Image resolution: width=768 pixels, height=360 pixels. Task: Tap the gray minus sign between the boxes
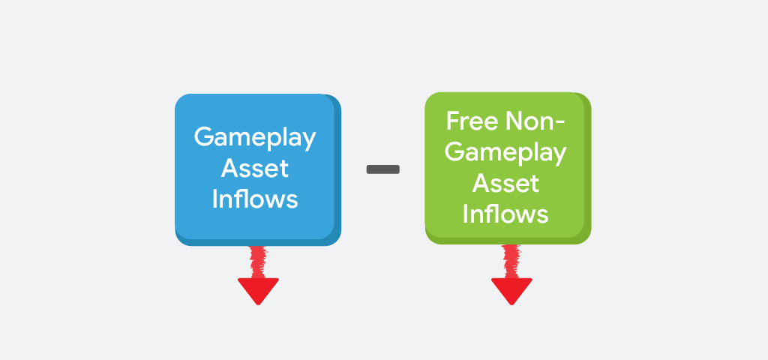click(x=382, y=169)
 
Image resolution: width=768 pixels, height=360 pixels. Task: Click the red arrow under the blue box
click(x=258, y=276)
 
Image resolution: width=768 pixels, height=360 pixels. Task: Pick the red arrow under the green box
click(x=511, y=276)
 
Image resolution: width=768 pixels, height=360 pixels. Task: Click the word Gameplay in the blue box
click(x=255, y=138)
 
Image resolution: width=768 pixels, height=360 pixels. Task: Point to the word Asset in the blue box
click(x=255, y=168)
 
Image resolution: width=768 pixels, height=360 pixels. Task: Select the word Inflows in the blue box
click(x=255, y=199)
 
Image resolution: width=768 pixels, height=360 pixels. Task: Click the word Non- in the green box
click(x=535, y=121)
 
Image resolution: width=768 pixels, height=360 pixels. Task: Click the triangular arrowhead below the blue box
click(x=258, y=289)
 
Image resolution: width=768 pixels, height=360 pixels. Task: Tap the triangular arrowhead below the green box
click(x=511, y=289)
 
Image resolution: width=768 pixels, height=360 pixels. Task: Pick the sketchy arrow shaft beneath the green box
click(x=511, y=260)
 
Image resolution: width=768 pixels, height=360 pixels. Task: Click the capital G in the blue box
click(x=203, y=137)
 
